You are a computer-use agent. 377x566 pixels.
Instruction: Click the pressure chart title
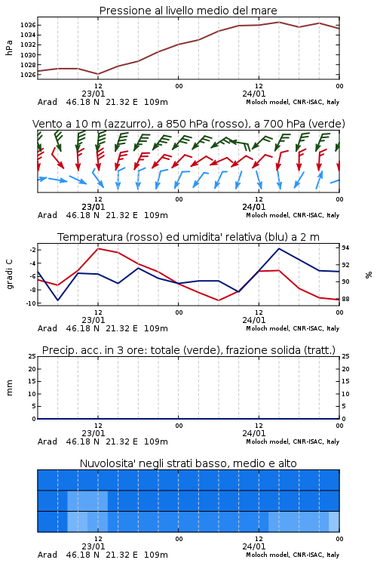tap(188, 11)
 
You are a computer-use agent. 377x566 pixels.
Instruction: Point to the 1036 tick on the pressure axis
tap(28, 25)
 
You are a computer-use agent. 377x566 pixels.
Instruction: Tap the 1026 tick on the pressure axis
tap(28, 75)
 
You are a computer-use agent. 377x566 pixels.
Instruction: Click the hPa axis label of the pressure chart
tap(9, 48)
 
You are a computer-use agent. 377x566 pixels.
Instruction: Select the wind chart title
tap(188, 124)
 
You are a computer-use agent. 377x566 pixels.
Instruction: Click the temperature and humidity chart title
tap(188, 237)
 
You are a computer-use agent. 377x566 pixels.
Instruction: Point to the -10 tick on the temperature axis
tap(31, 303)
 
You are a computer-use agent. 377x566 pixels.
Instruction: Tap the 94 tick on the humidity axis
tap(345, 248)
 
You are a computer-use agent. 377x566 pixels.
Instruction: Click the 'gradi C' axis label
tap(9, 275)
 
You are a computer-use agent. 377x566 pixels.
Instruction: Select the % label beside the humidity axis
tap(369, 275)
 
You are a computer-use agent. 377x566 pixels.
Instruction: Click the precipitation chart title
tap(188, 350)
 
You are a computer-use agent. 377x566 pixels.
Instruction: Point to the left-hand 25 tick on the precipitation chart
tap(32, 356)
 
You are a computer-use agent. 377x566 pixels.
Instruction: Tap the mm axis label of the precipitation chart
tap(9, 388)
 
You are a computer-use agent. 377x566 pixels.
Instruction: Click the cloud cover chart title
tap(188, 463)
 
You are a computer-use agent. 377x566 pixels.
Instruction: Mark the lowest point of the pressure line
tap(98, 74)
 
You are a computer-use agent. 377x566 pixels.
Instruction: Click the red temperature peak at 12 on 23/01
tap(98, 248)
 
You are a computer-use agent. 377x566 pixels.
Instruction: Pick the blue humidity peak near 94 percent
tap(279, 248)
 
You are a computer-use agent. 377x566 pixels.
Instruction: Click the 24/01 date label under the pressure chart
tap(254, 94)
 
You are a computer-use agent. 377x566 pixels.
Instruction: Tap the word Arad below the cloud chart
tap(48, 555)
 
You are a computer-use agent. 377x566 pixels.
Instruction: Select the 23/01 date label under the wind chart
tap(93, 207)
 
